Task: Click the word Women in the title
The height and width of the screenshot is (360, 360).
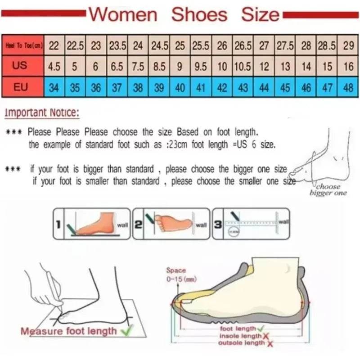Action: [x=123, y=14]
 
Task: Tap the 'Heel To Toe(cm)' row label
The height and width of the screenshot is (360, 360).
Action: [x=23, y=45]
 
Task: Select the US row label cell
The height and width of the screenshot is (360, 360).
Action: [x=20, y=66]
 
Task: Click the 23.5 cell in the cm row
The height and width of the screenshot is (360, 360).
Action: [x=117, y=45]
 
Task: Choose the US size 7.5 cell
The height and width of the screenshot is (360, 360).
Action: [x=138, y=66]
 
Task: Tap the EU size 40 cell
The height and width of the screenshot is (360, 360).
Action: [x=180, y=87]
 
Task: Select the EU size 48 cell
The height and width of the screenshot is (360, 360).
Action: [x=348, y=87]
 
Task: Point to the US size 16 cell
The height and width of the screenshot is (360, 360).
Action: [x=348, y=66]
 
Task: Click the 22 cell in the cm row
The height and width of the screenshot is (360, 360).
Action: [x=54, y=45]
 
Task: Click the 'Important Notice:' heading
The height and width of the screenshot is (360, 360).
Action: [x=42, y=113]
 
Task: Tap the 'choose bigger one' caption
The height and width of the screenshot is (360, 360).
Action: [x=328, y=189]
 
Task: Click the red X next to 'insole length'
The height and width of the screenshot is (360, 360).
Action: [x=266, y=336]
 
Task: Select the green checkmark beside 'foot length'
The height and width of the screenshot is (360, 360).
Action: [x=260, y=329]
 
